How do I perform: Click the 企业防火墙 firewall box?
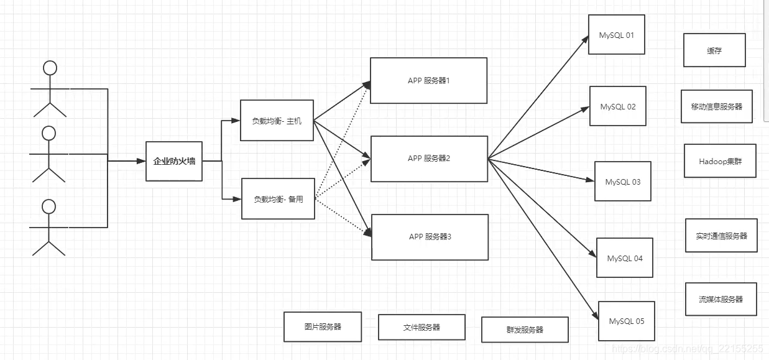(174, 161)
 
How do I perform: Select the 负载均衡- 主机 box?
(277, 120)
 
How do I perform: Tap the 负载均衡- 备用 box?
(278, 199)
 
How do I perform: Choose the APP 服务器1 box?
(428, 81)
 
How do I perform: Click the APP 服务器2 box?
(429, 159)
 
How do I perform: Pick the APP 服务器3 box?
(430, 237)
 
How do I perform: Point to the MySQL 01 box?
(617, 35)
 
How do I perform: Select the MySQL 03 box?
(622, 182)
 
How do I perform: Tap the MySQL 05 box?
(627, 321)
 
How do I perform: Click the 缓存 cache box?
(714, 50)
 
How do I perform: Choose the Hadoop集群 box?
(720, 161)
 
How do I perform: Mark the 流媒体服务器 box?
(721, 298)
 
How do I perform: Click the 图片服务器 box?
(323, 326)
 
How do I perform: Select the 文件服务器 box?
(421, 327)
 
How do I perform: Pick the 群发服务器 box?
(525, 330)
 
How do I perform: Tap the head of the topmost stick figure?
(50, 67)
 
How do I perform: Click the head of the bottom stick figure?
(49, 206)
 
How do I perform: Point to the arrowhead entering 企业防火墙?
(141, 161)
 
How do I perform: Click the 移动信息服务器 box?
(717, 106)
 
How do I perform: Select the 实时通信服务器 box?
(721, 236)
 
